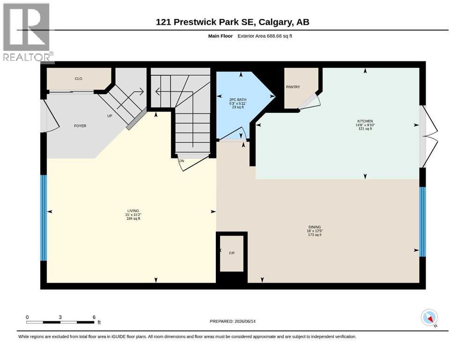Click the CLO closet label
pyautogui.click(x=79, y=79)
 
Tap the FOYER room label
pyautogui.click(x=80, y=126)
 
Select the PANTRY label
pyautogui.click(x=293, y=87)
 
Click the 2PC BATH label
pyautogui.click(x=238, y=100)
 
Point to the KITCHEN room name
pyautogui.click(x=365, y=121)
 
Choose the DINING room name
pyautogui.click(x=315, y=227)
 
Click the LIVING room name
pyautogui.click(x=133, y=211)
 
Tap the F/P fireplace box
pyautogui.click(x=232, y=253)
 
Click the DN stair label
pyautogui.click(x=182, y=161)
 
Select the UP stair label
pyautogui.click(x=110, y=116)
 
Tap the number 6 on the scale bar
pyautogui.click(x=94, y=317)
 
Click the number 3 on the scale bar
pyautogui.click(x=60, y=317)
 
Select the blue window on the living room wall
pyautogui.click(x=44, y=218)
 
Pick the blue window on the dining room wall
pyautogui.click(x=422, y=222)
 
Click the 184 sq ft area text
pyautogui.click(x=133, y=218)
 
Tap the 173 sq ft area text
pyautogui.click(x=315, y=235)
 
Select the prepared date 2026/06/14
pyautogui.click(x=245, y=321)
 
